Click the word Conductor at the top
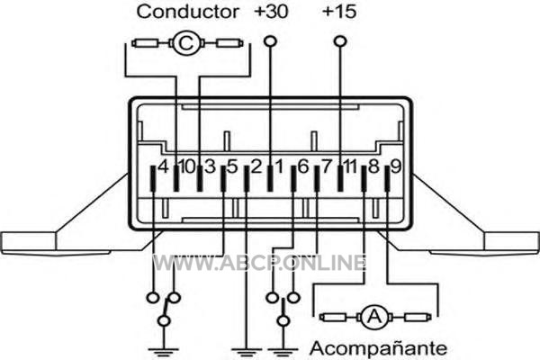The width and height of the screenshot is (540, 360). point(188,12)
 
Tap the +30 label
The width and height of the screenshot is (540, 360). point(272,12)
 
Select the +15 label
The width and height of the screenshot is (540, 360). point(338,12)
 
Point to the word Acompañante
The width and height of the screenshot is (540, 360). point(377,346)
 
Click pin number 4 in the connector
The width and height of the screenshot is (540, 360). point(162,167)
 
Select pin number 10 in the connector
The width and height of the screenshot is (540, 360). point(185,167)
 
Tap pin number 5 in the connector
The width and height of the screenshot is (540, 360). point(232,167)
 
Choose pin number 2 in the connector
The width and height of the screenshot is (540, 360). point(256,167)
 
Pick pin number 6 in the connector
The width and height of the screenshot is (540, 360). point(302,167)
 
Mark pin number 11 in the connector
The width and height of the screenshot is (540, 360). point(350,167)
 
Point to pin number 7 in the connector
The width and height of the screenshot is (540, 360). point(327,167)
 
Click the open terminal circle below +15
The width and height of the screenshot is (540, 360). point(339,40)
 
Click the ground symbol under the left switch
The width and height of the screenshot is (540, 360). point(164,347)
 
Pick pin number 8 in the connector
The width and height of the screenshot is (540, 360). point(373,167)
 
